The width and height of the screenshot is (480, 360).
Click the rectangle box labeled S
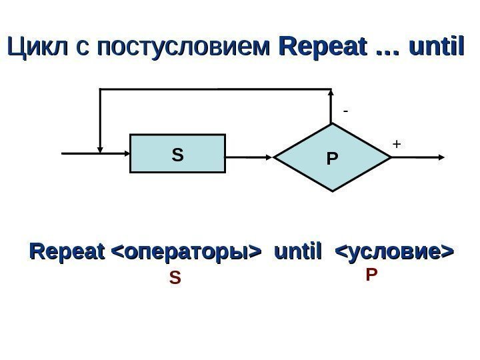(177, 155)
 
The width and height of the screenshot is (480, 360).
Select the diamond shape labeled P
(332, 158)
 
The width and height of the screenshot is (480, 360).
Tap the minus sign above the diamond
(345, 112)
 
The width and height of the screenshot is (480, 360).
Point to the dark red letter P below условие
(371, 275)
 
